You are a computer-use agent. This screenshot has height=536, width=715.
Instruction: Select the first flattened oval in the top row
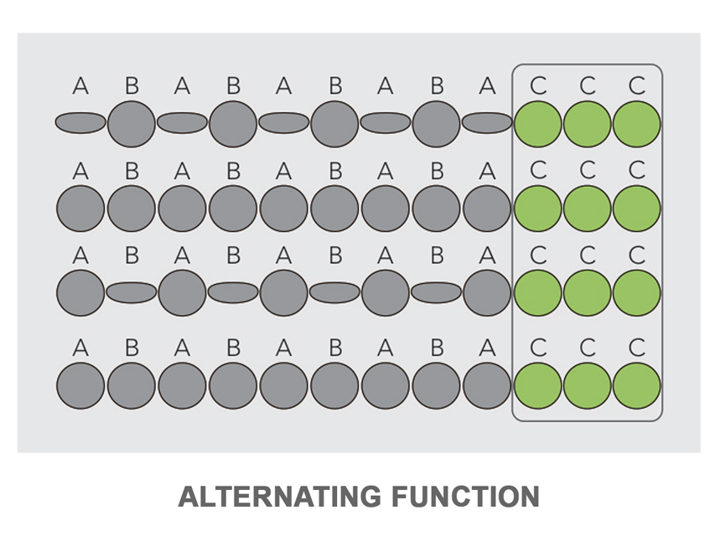click(80, 123)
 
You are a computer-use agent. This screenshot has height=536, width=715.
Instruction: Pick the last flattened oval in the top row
click(487, 123)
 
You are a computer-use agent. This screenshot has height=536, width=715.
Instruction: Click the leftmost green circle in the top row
click(537, 124)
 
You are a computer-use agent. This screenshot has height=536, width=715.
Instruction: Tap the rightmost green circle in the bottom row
click(637, 386)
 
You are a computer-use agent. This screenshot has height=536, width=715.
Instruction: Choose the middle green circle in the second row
click(588, 209)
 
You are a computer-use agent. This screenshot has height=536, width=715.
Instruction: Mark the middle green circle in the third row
click(588, 293)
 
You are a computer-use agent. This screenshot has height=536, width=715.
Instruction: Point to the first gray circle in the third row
click(80, 293)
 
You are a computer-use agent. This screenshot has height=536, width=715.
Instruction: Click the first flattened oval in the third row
click(132, 292)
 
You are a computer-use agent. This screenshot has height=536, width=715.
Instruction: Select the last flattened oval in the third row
click(436, 292)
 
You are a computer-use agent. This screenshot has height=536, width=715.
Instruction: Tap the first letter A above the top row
click(80, 85)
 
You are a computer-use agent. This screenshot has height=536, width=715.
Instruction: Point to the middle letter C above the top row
click(588, 85)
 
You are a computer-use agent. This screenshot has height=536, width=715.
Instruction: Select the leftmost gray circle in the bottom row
click(80, 386)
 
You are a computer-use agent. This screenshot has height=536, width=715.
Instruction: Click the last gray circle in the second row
click(487, 209)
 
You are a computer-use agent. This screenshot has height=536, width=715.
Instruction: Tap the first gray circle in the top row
click(132, 124)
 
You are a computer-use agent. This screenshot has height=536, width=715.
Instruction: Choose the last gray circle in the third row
click(487, 293)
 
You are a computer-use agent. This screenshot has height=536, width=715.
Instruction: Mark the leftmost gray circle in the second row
click(80, 209)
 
